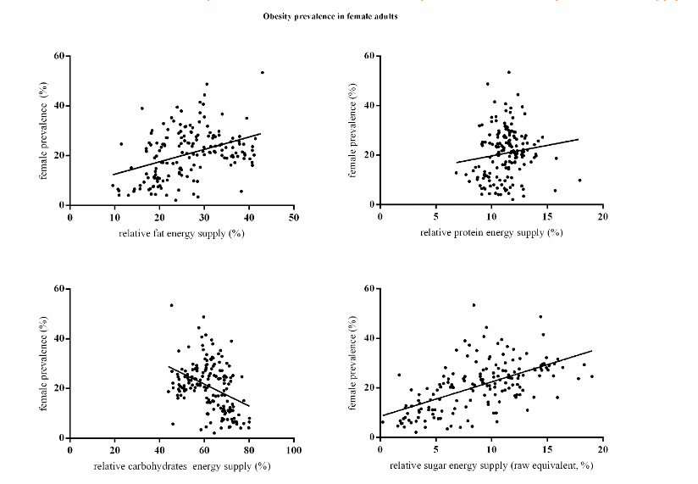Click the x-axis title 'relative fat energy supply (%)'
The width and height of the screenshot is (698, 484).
coord(181,233)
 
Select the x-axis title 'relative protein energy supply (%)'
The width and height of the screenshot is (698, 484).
coord(491,233)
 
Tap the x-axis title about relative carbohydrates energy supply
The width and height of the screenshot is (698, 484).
coord(181,465)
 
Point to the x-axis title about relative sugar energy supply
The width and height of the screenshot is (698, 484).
coord(491,465)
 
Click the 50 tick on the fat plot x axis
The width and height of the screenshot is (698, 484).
coord(294,216)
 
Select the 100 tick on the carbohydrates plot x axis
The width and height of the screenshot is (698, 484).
coord(293,449)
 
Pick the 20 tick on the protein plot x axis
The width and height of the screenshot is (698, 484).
coord(603,216)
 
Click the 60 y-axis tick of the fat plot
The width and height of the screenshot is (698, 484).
coord(58,56)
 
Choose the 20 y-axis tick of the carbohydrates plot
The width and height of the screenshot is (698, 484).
coord(58,388)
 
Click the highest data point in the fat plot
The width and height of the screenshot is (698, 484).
coord(263,72)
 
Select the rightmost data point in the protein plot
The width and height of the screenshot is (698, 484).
coord(579,180)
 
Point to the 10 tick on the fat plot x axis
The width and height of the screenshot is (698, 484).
coord(114,216)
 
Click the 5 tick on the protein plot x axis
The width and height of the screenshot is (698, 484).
coord(435,216)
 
